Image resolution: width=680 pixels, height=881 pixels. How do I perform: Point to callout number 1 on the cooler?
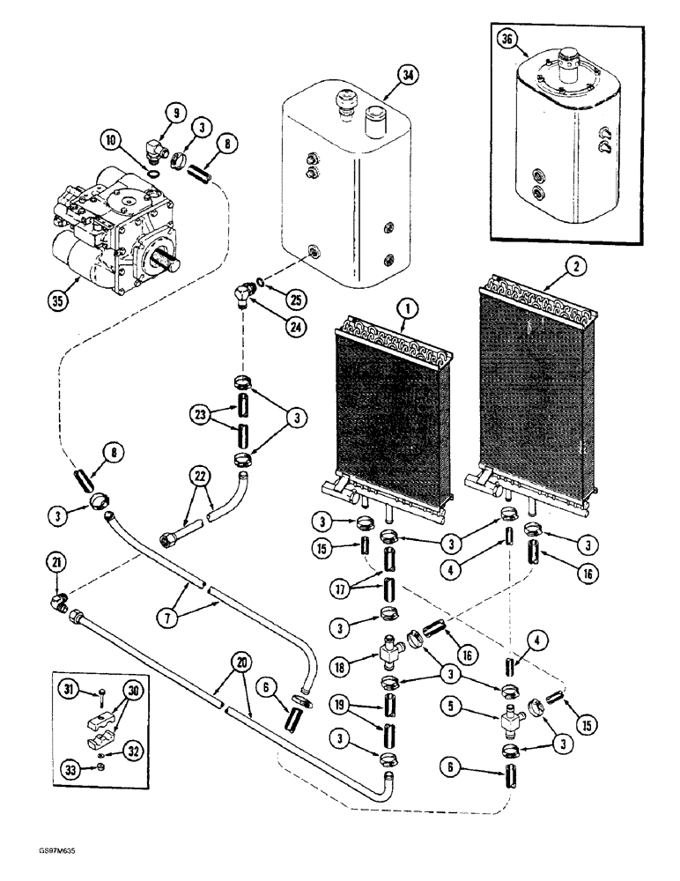(x=404, y=309)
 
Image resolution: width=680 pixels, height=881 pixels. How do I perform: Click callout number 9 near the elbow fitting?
(x=175, y=113)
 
